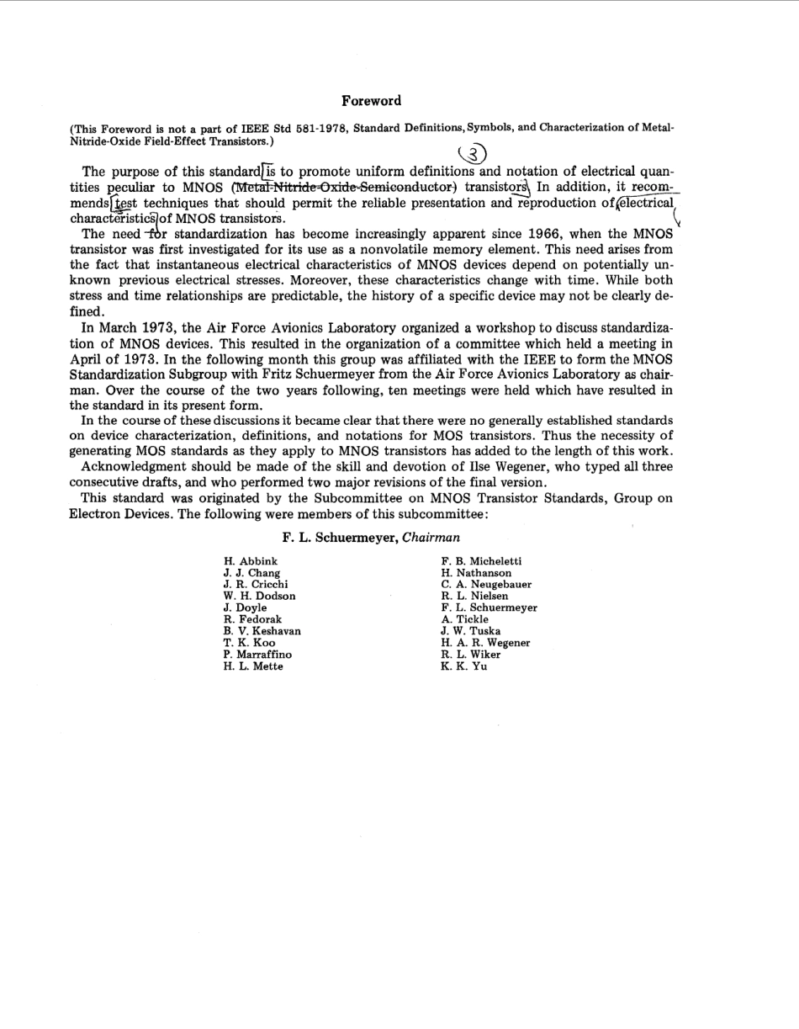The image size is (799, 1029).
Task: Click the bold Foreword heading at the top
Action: (371, 101)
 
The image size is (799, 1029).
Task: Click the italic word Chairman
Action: (431, 538)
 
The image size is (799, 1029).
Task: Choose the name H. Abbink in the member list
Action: (250, 561)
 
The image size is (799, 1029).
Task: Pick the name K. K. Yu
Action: (463, 666)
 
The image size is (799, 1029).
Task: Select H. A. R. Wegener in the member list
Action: (485, 643)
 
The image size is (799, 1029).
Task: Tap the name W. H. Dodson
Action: (259, 596)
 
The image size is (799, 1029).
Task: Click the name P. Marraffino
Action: (257, 655)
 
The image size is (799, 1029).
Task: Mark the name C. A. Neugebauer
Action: (486, 584)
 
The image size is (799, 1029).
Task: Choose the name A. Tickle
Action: (464, 619)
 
